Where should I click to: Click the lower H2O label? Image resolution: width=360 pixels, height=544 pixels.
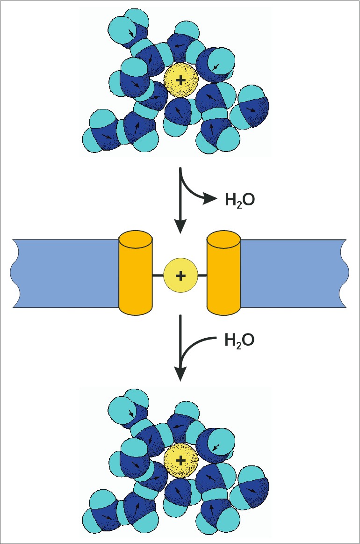(x=239, y=340)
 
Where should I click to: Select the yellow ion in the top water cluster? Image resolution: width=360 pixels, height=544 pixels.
(x=180, y=80)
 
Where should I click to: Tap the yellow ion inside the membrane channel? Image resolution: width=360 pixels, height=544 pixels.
(x=180, y=276)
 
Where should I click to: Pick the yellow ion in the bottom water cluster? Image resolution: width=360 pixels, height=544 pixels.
(x=180, y=461)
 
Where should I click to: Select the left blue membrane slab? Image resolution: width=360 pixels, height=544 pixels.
(x=65, y=273)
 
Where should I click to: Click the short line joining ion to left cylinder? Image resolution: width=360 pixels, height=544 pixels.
(x=158, y=276)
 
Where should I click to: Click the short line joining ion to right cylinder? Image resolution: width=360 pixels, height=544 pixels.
(x=202, y=276)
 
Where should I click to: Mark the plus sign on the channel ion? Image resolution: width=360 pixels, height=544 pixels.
(x=180, y=276)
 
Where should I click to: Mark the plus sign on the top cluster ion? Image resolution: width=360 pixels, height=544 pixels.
(x=180, y=80)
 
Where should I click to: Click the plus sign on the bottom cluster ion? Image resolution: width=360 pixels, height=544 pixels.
(x=180, y=461)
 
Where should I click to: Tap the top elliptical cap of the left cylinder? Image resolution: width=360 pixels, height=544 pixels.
(x=136, y=239)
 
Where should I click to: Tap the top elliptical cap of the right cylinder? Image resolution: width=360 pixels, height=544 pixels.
(x=223, y=239)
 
